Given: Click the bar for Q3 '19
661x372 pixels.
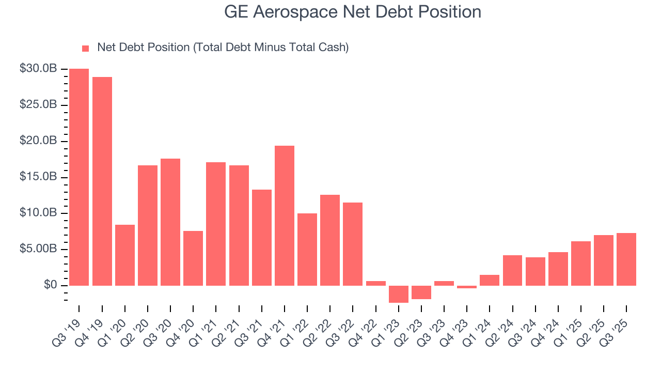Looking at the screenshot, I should pyautogui.click(x=79, y=177).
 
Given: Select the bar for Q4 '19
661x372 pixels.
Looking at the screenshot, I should pyautogui.click(x=102, y=181).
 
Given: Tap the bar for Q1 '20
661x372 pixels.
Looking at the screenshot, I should pyautogui.click(x=125, y=255).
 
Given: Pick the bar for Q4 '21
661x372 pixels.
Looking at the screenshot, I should pyautogui.click(x=285, y=215).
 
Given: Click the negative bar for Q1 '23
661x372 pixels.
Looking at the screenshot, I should pyautogui.click(x=399, y=294).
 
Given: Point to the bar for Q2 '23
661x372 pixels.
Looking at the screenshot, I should pyautogui.click(x=421, y=292).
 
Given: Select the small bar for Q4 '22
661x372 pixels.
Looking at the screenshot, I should pyautogui.click(x=376, y=283).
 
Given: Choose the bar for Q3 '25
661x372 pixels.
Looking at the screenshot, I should pyautogui.click(x=626, y=259).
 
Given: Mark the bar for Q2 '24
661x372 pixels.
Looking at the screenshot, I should pyautogui.click(x=512, y=270).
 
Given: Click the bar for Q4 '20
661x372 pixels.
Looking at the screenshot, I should pyautogui.click(x=193, y=258).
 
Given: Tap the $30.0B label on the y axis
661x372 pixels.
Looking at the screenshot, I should pyautogui.click(x=38, y=69).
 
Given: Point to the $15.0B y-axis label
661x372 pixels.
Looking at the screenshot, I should pyautogui.click(x=38, y=177).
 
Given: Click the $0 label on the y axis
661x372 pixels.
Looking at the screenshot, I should pyautogui.click(x=50, y=285).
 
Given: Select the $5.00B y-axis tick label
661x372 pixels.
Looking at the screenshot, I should pyautogui.click(x=38, y=249).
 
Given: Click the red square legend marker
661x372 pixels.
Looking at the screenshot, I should pyautogui.click(x=86, y=48).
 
